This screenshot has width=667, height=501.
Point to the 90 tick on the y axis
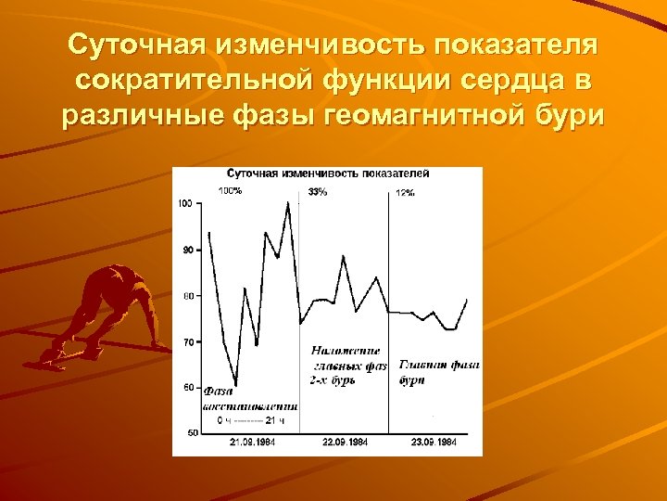point(187,250)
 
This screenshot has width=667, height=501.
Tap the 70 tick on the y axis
point(187,342)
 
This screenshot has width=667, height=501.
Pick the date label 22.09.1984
point(344,443)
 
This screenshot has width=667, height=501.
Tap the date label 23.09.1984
point(433,443)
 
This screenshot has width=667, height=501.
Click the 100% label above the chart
point(230,191)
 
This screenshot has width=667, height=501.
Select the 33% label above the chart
point(317,191)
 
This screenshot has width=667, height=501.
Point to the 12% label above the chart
point(405,192)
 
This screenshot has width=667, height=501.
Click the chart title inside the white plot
point(328,174)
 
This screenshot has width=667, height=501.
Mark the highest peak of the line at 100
point(288,202)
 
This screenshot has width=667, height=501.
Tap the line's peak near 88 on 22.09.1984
point(344,256)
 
